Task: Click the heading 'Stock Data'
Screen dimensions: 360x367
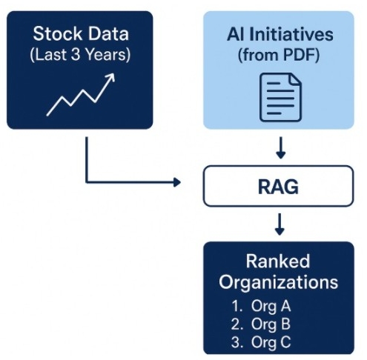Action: point(80,34)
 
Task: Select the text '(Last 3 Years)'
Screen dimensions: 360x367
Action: point(80,54)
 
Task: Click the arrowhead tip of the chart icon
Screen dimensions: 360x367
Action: point(112,75)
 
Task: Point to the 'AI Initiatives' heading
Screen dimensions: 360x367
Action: point(280,34)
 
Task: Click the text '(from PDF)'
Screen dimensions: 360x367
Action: point(280,54)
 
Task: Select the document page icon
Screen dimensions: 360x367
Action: point(280,96)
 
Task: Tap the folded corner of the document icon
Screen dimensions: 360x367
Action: point(295,79)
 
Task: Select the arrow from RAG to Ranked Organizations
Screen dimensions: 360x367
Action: point(280,224)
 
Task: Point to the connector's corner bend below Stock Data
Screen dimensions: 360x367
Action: point(87,181)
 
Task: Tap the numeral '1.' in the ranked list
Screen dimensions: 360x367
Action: point(236,304)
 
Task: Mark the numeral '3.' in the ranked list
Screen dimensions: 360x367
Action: point(236,341)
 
